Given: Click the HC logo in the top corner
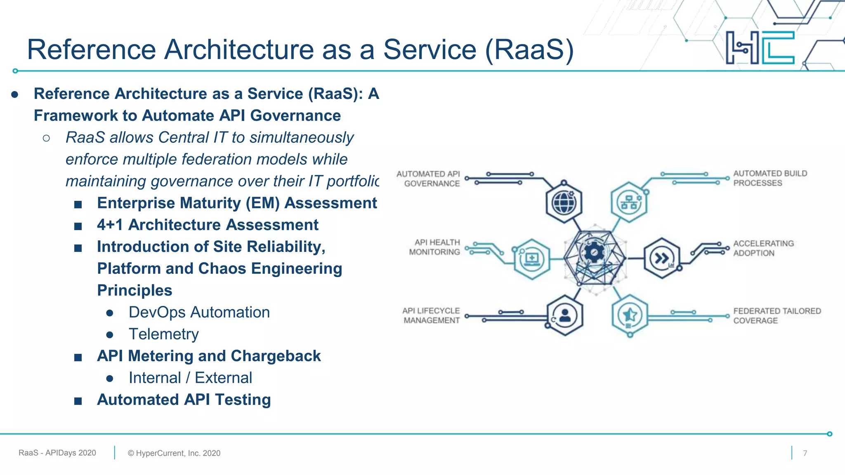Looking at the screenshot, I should (760, 47).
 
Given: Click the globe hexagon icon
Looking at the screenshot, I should (564, 203).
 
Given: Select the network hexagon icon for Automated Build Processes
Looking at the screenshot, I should (629, 202).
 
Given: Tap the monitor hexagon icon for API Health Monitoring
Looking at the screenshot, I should (532, 259).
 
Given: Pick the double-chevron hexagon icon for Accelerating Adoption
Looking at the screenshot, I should (662, 259).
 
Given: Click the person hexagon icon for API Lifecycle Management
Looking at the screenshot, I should (564, 316).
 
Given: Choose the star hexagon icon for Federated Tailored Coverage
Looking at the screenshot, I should (630, 316).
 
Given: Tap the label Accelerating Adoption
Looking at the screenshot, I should (763, 248).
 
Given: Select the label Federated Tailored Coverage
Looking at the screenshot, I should (777, 316).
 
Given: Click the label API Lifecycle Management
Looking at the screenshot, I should (431, 315).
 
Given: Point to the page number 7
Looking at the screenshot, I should (805, 453).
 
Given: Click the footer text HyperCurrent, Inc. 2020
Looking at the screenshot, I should (174, 453).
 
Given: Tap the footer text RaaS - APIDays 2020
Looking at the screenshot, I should (57, 453).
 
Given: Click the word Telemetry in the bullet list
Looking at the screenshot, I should (163, 334).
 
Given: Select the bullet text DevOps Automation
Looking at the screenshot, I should (199, 312).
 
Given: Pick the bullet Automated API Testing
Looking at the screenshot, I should (184, 400).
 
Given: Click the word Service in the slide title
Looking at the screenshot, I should (430, 49).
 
